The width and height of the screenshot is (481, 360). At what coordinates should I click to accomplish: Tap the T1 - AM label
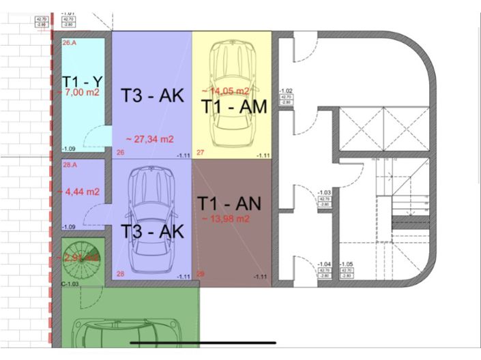point(233,106)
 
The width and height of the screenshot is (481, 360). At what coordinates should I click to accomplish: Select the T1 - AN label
point(229,203)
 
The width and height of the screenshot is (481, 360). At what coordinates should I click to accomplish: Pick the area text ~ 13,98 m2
point(226,218)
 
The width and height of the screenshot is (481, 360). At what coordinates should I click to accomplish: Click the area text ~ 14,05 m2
point(225,90)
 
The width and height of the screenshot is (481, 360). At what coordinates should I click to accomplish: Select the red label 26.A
point(69,43)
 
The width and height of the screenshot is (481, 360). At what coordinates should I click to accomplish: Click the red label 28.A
point(69,165)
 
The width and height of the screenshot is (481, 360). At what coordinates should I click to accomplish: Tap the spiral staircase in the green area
point(81,258)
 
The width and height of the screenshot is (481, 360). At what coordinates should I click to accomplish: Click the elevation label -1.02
point(287,91)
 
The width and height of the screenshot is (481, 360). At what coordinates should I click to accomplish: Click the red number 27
point(201,153)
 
